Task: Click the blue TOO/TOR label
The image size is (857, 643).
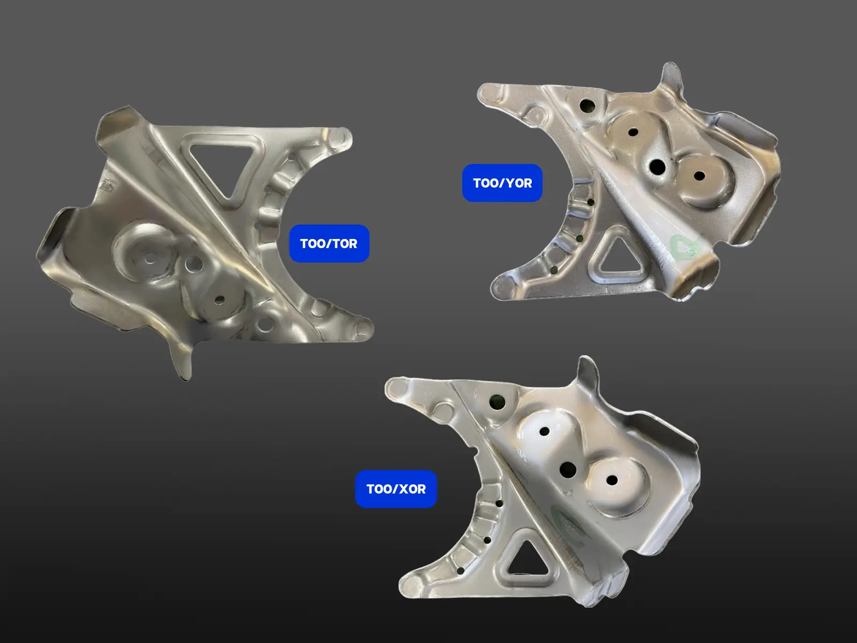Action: click(329, 243)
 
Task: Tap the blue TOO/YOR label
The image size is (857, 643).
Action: click(502, 183)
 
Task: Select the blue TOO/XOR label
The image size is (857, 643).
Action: click(396, 489)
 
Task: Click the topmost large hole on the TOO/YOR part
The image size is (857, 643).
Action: click(587, 105)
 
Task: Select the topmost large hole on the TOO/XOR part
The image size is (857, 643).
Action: click(497, 401)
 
